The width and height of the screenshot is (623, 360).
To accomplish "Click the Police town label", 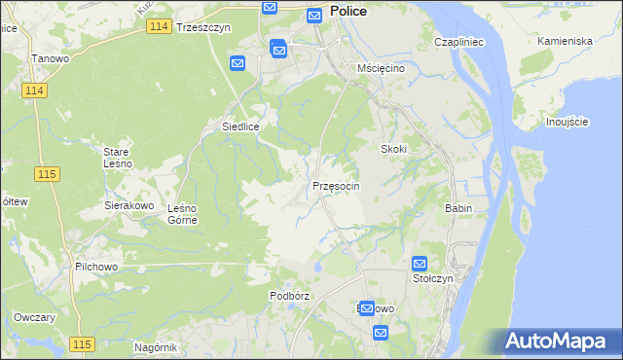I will point(348,11).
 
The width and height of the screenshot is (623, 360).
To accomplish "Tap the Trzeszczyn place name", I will point(202,28).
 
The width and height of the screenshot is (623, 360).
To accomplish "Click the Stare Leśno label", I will point(124,158).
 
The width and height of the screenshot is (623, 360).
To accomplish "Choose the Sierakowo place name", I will point(129,206).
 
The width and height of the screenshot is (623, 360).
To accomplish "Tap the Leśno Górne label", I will point(183,214).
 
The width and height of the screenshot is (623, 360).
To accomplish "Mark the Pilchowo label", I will point(95,266).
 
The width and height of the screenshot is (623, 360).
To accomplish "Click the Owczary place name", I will point(33,318).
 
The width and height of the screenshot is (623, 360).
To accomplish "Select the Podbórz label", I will point(289,296).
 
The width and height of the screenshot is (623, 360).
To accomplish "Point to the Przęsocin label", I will point(336,186).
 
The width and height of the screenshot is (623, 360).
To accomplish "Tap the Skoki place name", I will point(392,149).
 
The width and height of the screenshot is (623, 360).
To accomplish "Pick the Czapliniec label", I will point(459,44).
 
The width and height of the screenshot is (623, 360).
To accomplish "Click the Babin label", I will point(458,209).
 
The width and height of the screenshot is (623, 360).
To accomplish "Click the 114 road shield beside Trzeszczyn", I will point(161,27).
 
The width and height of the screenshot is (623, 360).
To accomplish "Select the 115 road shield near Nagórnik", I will point(82,344).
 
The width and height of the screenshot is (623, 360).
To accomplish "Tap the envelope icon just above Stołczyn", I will point(420,264).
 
